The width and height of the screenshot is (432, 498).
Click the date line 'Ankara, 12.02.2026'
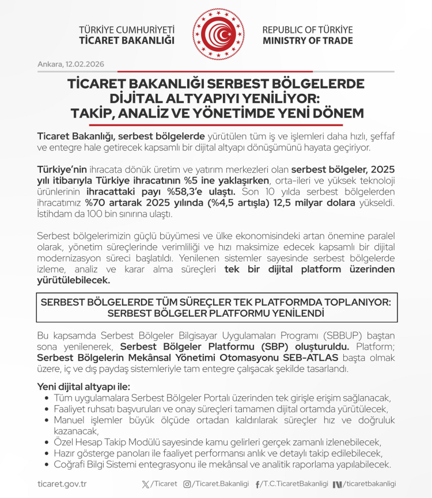pyautogui.click(x=70, y=64)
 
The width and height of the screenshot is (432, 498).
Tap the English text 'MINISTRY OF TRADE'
pyautogui.click(x=308, y=41)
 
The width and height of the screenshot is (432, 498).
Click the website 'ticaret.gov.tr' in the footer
pyautogui.click(x=62, y=484)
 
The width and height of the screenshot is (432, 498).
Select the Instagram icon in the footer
pyautogui.click(x=187, y=484)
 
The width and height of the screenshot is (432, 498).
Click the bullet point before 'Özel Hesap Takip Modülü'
pyautogui.click(x=46, y=442)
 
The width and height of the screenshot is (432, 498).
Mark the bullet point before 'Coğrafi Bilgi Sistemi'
pyautogui.click(x=46, y=465)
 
